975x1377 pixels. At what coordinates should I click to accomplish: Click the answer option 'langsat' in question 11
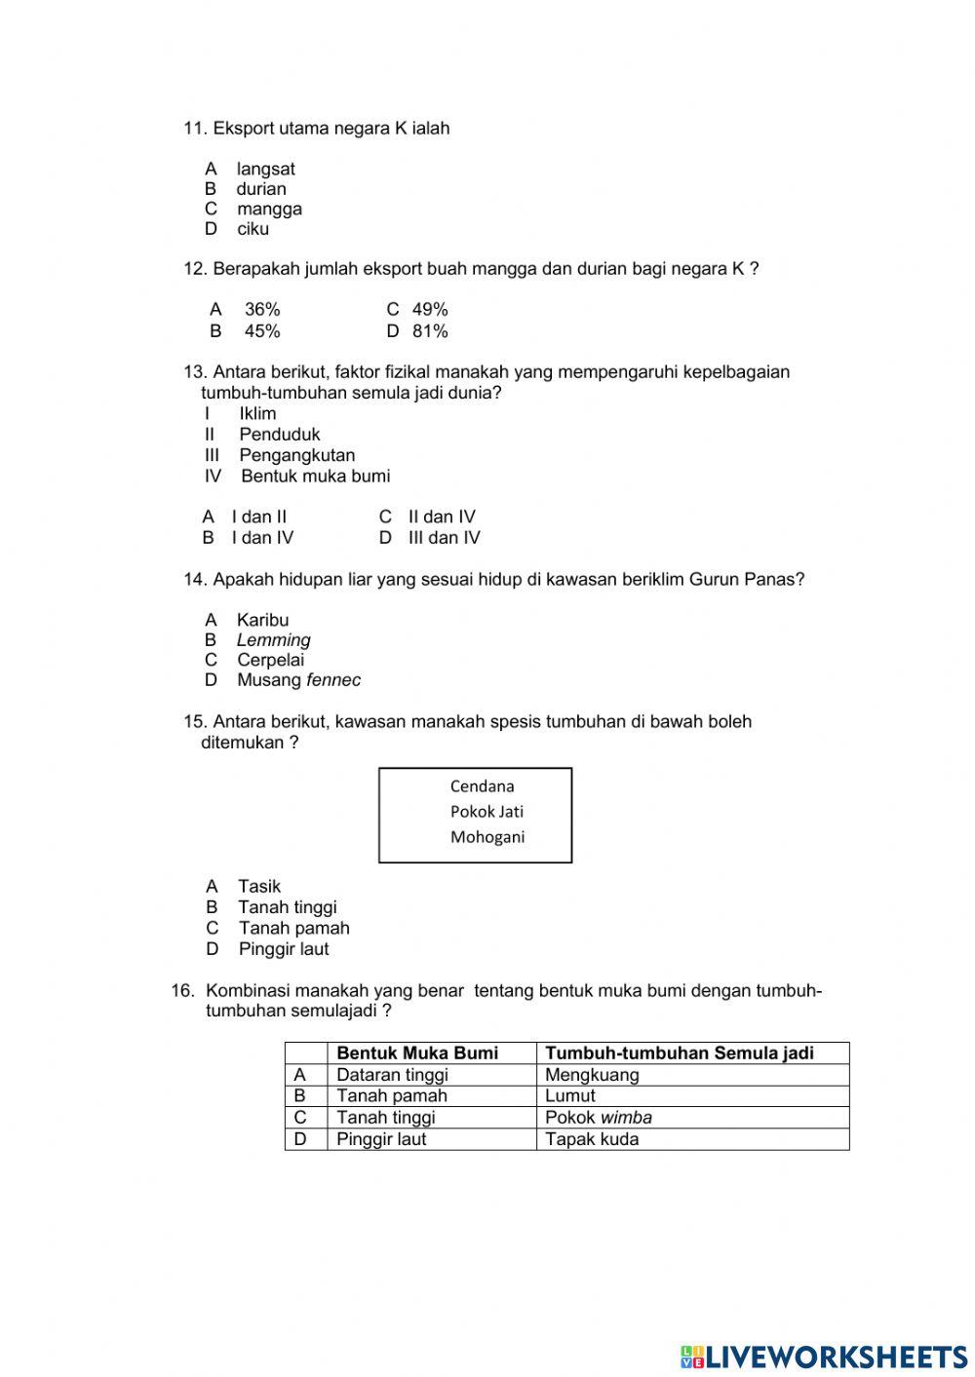[x=265, y=169]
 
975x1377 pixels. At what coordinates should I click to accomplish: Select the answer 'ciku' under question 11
[x=253, y=229]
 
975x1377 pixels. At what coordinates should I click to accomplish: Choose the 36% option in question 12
[x=262, y=309]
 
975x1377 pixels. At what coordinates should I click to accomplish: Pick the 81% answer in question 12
[x=430, y=331]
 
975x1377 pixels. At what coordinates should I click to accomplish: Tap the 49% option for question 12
[x=430, y=309]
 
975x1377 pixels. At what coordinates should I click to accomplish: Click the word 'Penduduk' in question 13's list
[x=279, y=435]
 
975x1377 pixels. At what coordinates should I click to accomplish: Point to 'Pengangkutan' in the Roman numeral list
[x=296, y=455]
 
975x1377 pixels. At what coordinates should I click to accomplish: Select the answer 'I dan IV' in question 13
[x=262, y=538]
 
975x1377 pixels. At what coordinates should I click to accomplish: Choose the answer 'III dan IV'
[x=444, y=538]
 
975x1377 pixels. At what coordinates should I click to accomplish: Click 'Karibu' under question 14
[x=262, y=620]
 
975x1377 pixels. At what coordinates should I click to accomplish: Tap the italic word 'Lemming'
[x=273, y=640]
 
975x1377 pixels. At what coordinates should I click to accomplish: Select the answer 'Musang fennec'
[x=298, y=680]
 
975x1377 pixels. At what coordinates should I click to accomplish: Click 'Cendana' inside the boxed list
[x=482, y=786]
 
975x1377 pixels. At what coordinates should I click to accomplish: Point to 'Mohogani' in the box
[x=487, y=837]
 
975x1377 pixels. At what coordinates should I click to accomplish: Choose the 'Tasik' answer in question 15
[x=259, y=886]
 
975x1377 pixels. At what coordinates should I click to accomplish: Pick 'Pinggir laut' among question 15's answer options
[x=284, y=949]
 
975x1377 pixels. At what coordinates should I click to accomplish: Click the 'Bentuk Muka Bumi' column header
[x=417, y=1052]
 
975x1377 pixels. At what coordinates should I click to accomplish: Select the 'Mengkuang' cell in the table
[x=592, y=1075]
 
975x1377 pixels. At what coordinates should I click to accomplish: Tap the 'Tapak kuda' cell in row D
[x=592, y=1139]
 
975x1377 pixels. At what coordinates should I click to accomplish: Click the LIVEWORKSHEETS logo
[x=824, y=1356]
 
